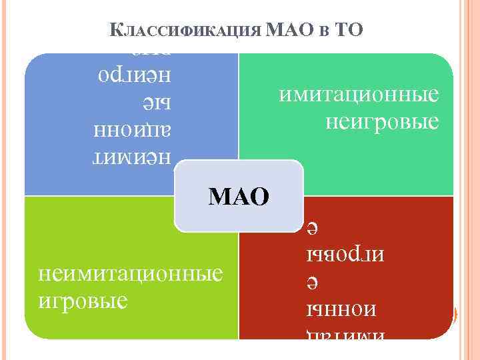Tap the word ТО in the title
[x=348, y=30]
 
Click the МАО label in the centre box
[x=239, y=196]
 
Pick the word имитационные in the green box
[x=359, y=95]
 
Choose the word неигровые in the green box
[x=383, y=121]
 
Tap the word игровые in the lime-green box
[x=83, y=300]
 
